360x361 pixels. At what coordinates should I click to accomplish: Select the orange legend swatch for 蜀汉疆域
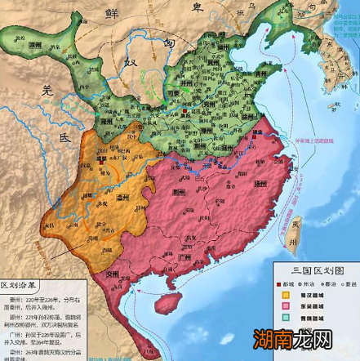click(x=287, y=295)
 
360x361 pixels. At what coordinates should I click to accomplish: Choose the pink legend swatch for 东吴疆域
click(x=287, y=307)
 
